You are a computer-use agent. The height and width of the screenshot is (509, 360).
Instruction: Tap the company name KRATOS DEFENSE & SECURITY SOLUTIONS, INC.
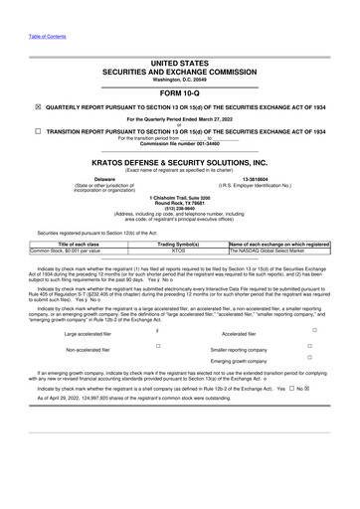tap(180, 160)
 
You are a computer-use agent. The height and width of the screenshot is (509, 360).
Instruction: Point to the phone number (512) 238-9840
tap(179, 208)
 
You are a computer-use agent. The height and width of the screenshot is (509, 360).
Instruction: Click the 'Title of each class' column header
tap(80, 244)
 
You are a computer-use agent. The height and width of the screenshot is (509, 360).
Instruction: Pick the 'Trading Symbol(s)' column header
tap(180, 244)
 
